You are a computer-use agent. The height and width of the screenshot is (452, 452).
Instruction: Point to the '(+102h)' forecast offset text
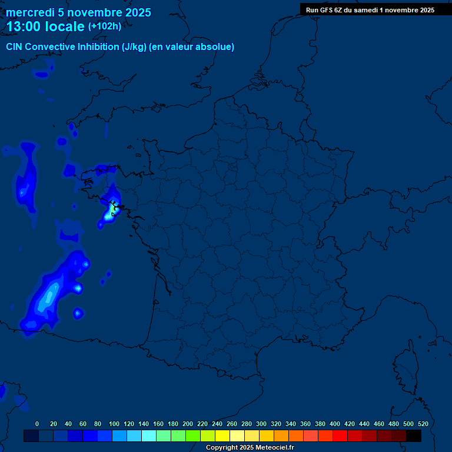click(x=104, y=26)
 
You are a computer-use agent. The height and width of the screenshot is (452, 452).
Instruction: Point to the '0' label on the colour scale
click(x=37, y=424)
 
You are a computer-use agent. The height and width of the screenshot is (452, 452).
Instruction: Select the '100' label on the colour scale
click(x=114, y=424)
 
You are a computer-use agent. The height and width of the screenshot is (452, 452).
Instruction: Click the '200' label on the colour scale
click(x=188, y=424)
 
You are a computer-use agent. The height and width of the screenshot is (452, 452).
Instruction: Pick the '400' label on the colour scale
click(x=335, y=424)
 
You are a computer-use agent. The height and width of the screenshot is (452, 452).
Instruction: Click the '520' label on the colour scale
click(x=423, y=424)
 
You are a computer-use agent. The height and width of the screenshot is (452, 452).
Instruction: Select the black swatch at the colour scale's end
click(x=414, y=436)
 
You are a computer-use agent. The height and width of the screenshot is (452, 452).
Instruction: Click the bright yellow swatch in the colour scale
click(x=222, y=436)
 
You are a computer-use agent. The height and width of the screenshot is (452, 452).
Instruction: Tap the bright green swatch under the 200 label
click(x=193, y=436)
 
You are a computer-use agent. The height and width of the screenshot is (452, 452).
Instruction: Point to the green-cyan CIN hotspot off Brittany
click(x=112, y=208)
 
